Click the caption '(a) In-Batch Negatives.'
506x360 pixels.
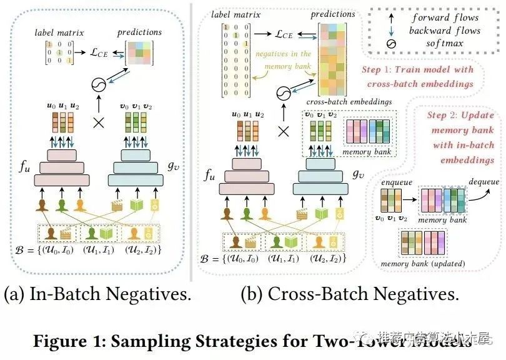(97, 294)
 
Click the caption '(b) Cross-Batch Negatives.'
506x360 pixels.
(350, 294)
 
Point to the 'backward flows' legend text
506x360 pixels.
(445, 31)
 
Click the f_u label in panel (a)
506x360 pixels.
(24, 167)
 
